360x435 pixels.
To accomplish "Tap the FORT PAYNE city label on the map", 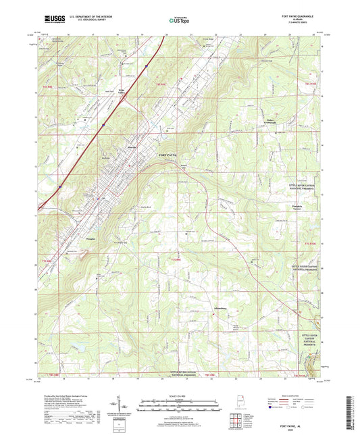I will coord(167,155).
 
